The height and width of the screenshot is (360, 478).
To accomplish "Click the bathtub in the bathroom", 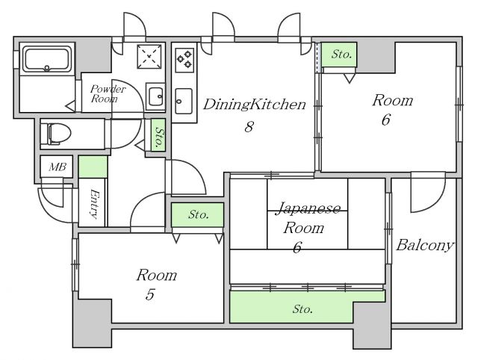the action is point(47,59).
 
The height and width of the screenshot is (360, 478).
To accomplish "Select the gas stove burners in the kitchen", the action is point(184,60).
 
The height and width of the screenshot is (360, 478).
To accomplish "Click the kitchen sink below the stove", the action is point(184,101).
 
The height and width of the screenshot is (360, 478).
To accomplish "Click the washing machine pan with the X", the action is point(149,57).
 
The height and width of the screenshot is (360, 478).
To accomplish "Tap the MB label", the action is point(58,167).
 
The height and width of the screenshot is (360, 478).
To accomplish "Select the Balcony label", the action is point(425,246).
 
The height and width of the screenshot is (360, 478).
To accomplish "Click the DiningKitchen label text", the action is point(254,105).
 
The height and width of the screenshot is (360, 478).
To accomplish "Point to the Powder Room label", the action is point(108,93).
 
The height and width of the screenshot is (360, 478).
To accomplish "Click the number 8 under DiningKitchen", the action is point(249,127).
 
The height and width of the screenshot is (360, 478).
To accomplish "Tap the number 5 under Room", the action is point(149,294).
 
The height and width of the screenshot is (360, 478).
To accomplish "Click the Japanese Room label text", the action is point(307,218).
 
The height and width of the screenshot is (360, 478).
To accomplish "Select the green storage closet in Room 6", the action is point(339,55).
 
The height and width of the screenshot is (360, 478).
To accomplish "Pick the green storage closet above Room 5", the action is point(197,215).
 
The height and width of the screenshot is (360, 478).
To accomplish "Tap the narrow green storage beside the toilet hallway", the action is point(158,135).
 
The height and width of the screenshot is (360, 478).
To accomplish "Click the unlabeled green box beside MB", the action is point(93,167).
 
